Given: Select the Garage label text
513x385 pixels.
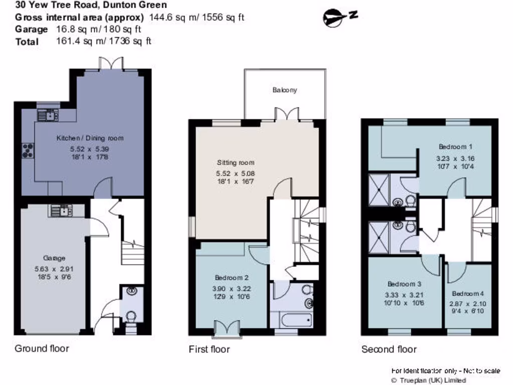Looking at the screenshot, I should click(54, 258).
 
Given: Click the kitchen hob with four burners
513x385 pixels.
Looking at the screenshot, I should click(28, 150).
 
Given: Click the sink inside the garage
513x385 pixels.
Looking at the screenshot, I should click(61, 211).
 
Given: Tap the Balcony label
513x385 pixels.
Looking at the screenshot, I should click(285, 90).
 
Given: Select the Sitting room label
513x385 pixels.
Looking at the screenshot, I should click(235, 162).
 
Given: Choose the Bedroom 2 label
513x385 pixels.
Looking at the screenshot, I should click(232, 278).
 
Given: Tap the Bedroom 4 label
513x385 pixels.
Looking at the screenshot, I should click(468, 294).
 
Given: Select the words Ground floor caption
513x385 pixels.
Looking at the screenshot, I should click(42, 348).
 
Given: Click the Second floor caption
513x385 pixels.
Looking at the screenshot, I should click(389, 349).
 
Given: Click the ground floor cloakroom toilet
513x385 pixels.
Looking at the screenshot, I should click(131, 317).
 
